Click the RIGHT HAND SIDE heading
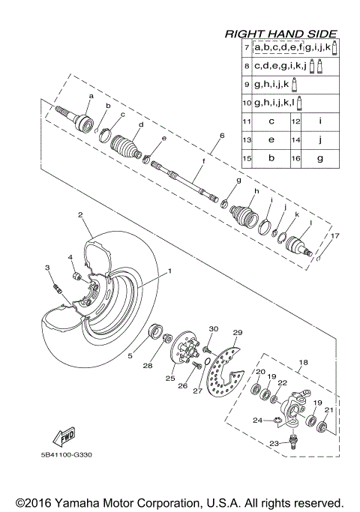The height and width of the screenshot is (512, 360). (280, 34)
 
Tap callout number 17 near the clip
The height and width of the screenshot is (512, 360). (325, 236)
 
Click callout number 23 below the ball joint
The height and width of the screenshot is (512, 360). (273, 444)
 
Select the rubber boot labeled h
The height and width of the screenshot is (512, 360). (248, 212)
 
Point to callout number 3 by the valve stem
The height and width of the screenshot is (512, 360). (46, 268)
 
